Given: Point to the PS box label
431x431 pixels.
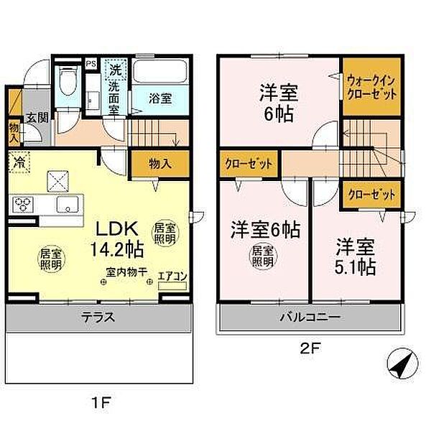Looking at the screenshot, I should [x=91, y=64].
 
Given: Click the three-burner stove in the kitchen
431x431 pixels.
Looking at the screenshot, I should [x=23, y=205].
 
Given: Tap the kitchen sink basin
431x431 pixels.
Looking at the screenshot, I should [x=68, y=207].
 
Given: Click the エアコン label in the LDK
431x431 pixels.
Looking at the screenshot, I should [x=170, y=274].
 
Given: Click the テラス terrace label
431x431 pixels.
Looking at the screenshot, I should [x=98, y=315].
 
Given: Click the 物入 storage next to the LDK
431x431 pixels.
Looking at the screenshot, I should [x=159, y=164].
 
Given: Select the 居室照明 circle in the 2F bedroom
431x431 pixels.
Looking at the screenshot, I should [x=263, y=256].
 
